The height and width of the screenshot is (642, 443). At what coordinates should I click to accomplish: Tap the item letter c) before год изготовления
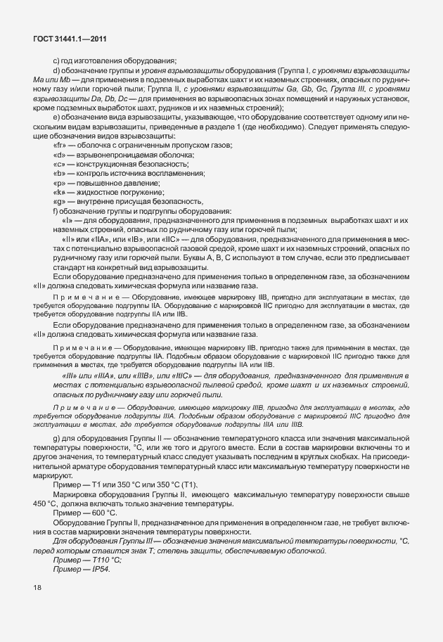pyautogui.click(x=56, y=61)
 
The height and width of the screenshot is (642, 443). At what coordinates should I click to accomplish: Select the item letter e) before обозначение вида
pyautogui.click(x=56, y=126)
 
